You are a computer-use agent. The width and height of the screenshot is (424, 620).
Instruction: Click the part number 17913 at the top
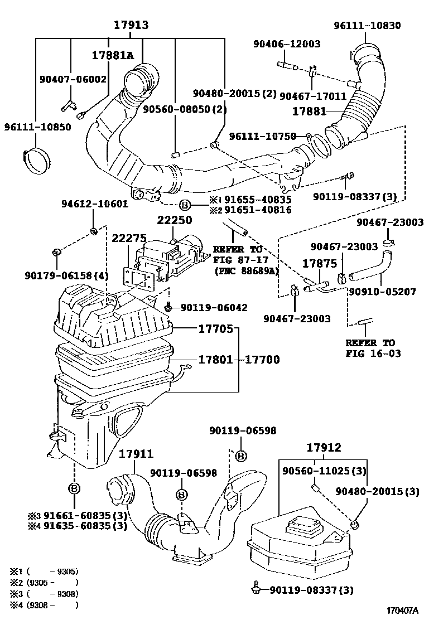(131, 25)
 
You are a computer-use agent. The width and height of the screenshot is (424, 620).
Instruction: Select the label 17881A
(113, 55)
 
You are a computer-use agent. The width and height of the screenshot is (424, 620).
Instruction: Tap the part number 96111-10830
(367, 26)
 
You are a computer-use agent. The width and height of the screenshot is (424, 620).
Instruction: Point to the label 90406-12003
(286, 44)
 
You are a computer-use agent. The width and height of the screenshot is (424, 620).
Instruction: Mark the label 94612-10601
(94, 204)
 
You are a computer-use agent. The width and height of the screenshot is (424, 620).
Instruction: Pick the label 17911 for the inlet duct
(136, 454)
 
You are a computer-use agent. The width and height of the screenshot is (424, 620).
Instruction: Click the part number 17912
(324, 448)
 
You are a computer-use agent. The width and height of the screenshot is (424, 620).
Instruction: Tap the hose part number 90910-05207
(382, 291)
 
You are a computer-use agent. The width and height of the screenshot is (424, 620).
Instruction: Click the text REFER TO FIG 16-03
(370, 348)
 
